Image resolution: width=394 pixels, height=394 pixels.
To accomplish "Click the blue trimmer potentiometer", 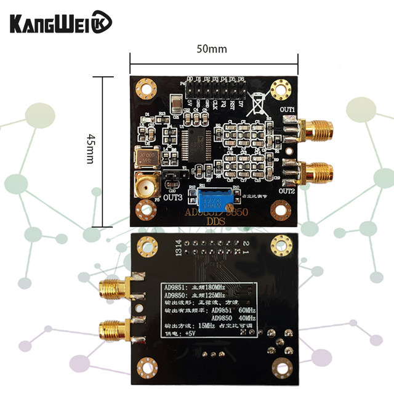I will pyautogui.click(x=213, y=199).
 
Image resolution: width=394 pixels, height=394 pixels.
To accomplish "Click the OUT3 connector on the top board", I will pyautogui.click(x=146, y=184).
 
